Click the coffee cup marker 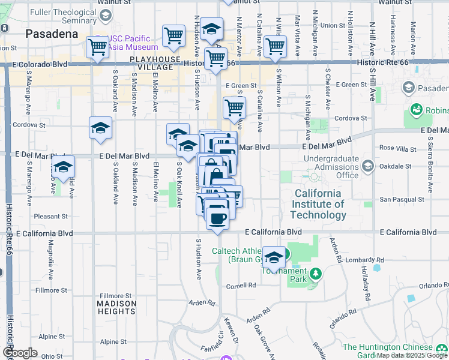tap(217, 218)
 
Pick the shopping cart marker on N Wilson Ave tap(275, 47)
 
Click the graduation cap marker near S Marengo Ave tap(63, 169)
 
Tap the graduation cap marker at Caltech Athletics tap(274, 257)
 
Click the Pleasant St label tap(51, 216)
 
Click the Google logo tap(20, 353)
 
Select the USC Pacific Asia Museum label tap(133, 43)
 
